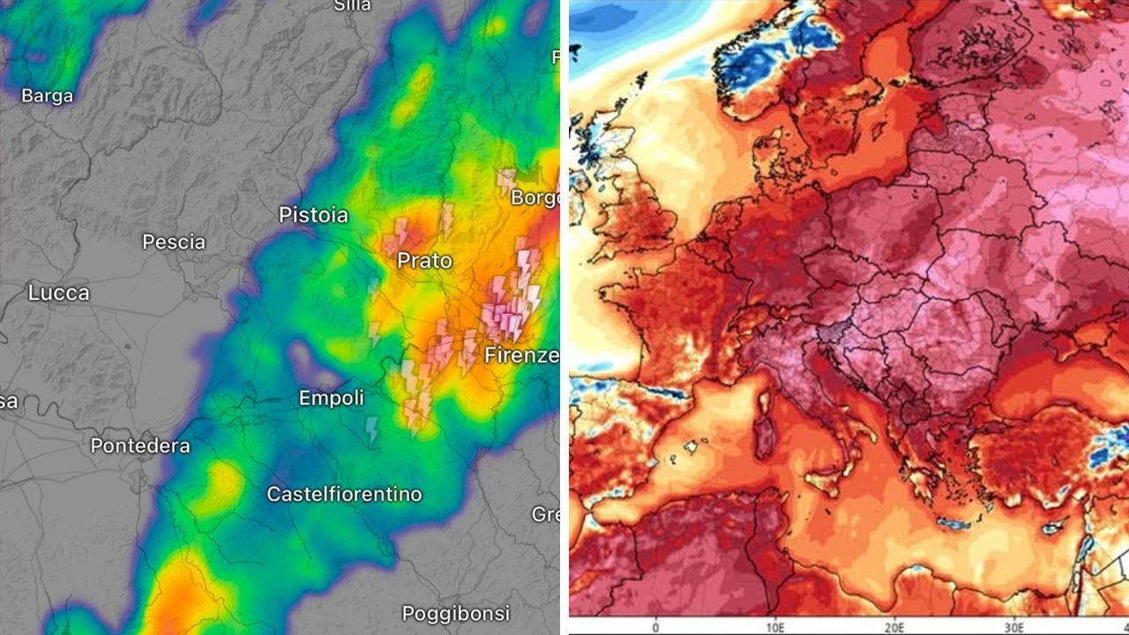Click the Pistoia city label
(313, 215)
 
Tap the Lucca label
(58, 293)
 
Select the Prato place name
(424, 261)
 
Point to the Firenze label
(521, 355)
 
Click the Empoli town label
(331, 399)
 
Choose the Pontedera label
(140, 446)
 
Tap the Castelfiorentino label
(344, 494)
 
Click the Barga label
(47, 96)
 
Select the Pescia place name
(174, 243)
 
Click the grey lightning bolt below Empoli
(372, 430)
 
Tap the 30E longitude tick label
(1017, 627)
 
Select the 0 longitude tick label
(655, 627)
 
